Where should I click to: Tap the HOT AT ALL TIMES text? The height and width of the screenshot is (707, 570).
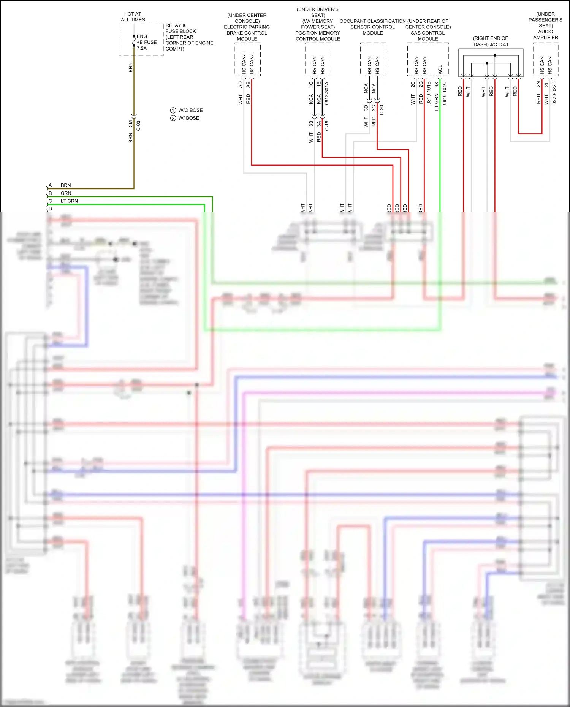133,17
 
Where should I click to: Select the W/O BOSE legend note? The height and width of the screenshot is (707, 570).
187,110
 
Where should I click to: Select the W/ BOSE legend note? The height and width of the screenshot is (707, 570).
185,118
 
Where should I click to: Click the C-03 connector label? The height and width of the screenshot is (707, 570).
138,126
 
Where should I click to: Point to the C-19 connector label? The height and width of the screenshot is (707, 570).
326,126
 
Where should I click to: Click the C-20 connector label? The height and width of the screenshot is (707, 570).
382,110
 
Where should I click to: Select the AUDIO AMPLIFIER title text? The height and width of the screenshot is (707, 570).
545,34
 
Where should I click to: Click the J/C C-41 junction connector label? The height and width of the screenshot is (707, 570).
491,41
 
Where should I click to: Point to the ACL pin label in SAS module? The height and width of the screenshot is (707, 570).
440,70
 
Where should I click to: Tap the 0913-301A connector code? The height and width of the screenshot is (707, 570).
326,93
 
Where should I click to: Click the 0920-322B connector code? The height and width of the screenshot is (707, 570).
554,93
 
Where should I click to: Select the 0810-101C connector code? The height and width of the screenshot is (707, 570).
444,93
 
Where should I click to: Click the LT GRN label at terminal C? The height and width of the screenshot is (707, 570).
69,201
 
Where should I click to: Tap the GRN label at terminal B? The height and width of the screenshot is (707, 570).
66,193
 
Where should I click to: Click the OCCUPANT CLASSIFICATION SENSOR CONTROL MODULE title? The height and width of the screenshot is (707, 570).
372,27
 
